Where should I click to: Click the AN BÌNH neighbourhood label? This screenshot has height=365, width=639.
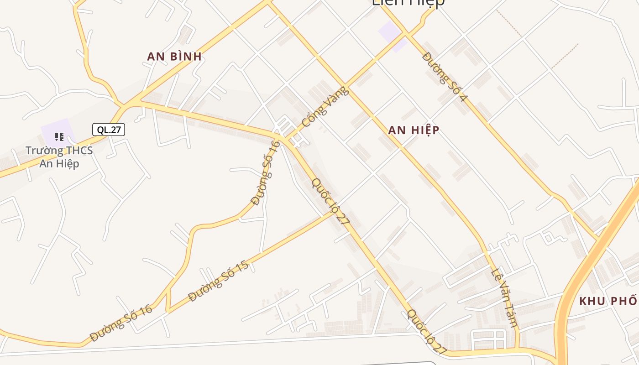point(174,57)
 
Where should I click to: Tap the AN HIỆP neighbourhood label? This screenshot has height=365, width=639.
point(414,130)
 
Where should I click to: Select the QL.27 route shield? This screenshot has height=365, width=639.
point(109,130)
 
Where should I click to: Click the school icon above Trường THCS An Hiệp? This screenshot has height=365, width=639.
point(59,136)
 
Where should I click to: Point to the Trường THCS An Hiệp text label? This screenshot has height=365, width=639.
point(59,157)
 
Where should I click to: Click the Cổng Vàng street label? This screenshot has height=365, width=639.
point(325,107)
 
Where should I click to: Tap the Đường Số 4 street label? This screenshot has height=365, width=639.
point(445,76)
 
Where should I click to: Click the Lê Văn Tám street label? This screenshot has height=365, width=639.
point(504,298)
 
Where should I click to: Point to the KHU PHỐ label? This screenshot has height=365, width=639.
point(608,301)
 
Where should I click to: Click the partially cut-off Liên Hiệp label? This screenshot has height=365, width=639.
point(408,3)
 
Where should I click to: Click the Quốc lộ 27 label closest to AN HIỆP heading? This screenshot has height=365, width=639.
point(330,201)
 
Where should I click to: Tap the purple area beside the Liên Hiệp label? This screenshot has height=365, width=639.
point(392,35)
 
